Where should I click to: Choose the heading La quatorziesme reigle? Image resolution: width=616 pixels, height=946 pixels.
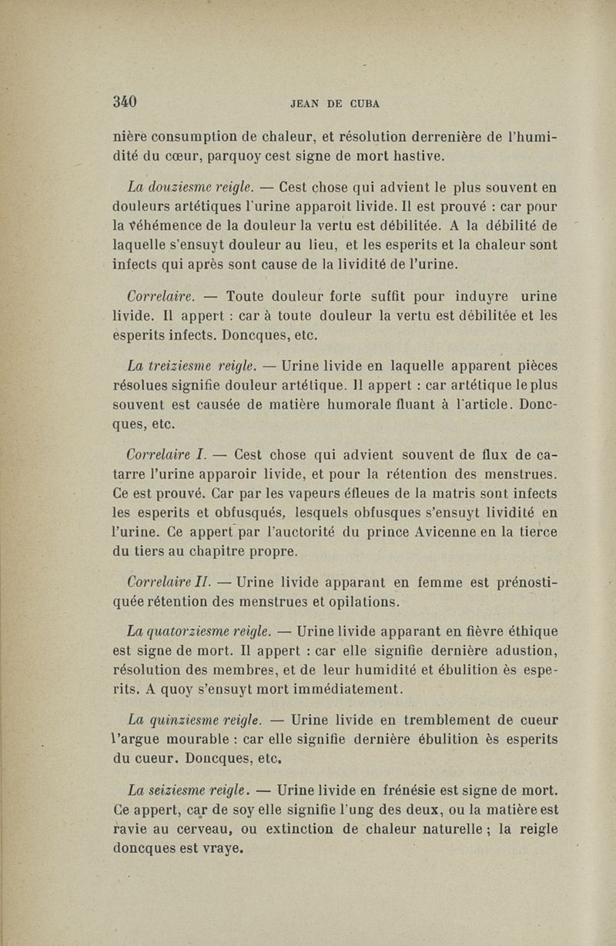pos(199,631)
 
